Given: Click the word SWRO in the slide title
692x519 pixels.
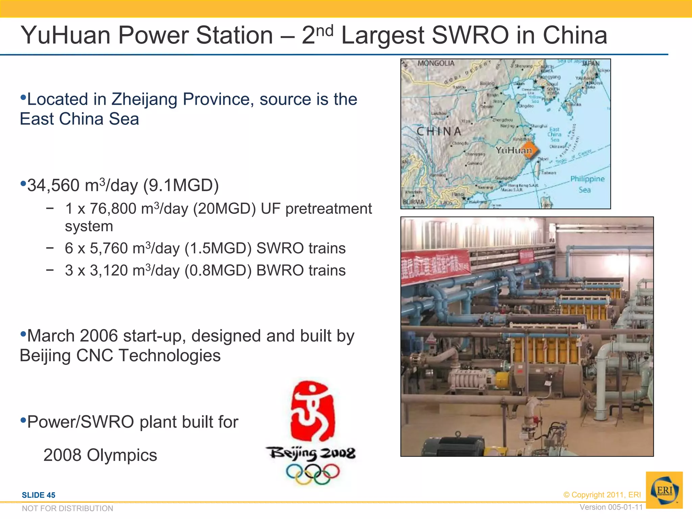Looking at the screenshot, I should click(x=470, y=35).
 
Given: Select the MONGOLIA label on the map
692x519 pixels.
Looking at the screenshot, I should click(x=436, y=63).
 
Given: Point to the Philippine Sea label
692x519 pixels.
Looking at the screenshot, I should click(x=587, y=184).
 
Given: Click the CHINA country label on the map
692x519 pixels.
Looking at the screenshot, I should click(x=439, y=131).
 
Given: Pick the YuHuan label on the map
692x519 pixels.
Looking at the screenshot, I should click(x=513, y=150).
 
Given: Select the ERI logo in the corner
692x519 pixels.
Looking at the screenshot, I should click(x=664, y=490).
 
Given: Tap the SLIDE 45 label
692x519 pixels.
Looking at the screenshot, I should click(x=39, y=495).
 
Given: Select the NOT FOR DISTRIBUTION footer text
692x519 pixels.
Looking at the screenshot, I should click(x=68, y=508).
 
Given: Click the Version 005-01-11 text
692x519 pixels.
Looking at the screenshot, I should click(x=611, y=507).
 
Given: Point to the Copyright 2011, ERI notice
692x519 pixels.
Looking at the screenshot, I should click(x=602, y=495).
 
